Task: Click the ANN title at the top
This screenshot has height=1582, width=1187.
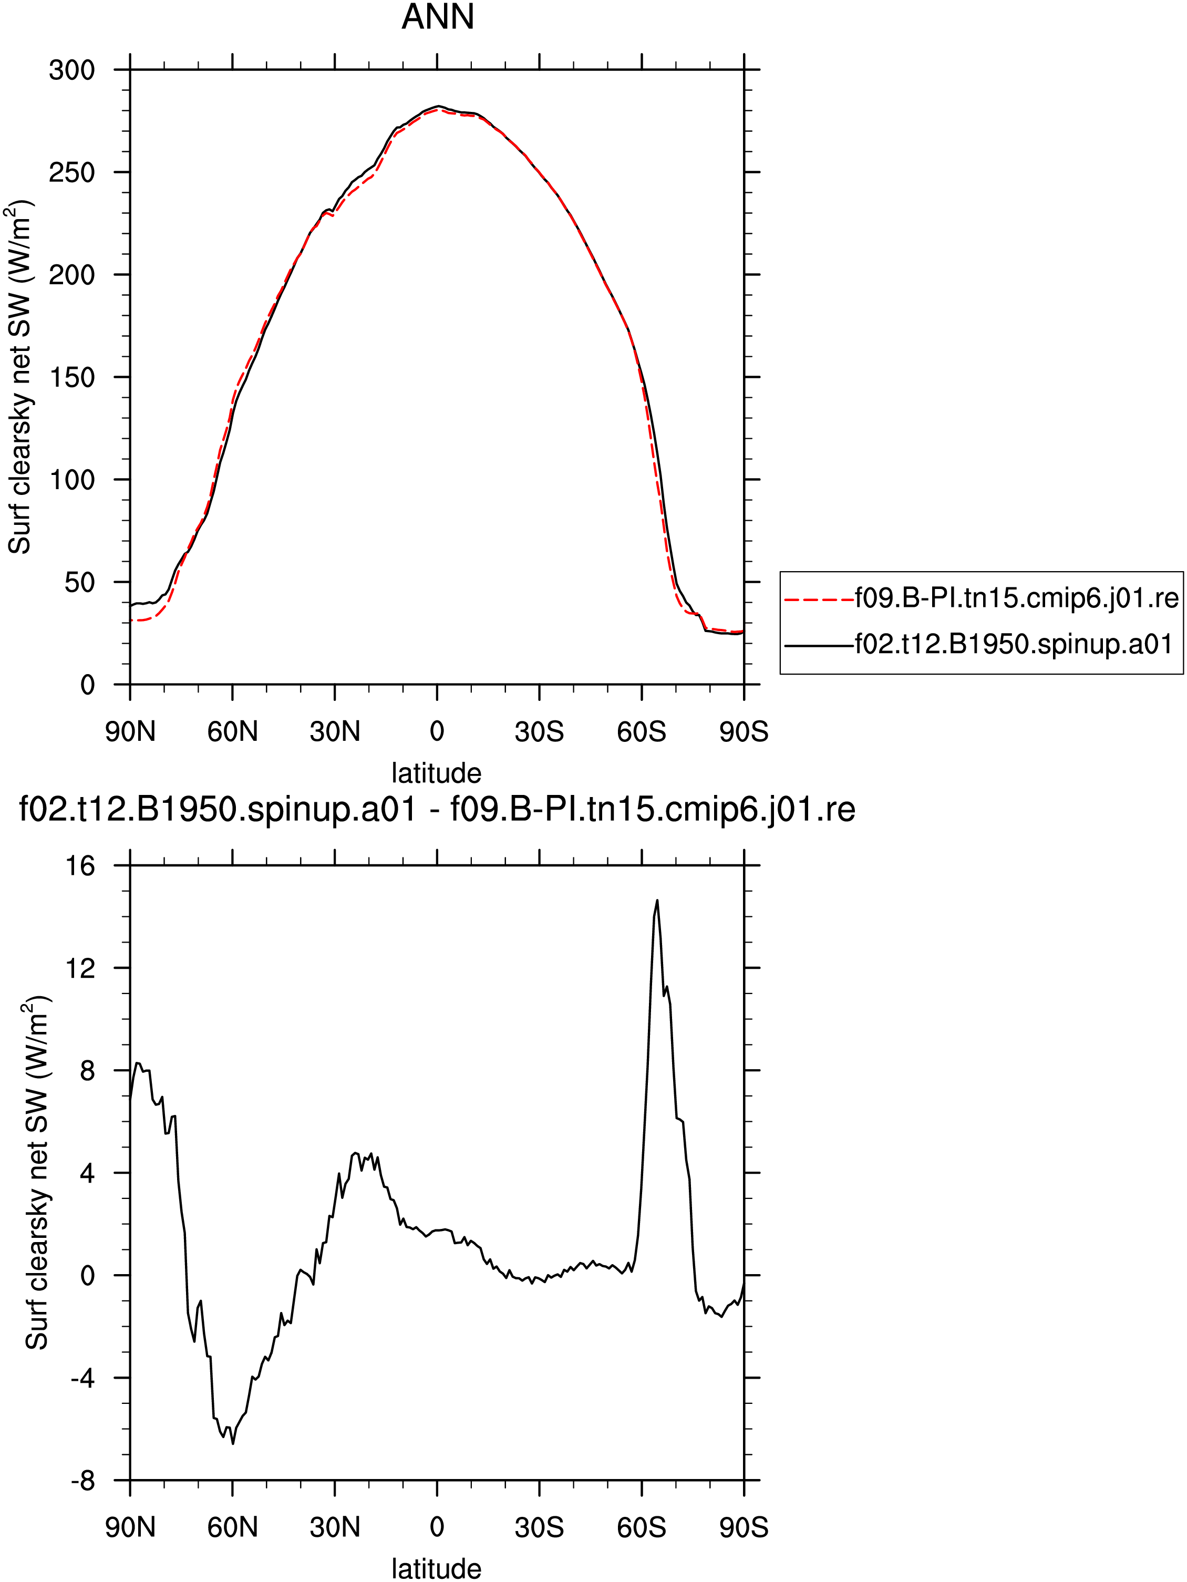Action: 438,16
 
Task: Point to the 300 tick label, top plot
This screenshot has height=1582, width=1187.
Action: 71,70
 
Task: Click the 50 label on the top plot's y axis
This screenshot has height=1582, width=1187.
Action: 79,582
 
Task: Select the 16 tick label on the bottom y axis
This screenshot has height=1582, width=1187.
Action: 80,866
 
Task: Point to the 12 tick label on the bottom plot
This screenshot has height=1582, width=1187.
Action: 80,968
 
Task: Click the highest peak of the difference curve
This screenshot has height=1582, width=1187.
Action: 657,901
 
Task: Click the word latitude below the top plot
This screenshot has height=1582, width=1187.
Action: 436,773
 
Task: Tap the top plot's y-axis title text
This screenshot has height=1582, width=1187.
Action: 20,377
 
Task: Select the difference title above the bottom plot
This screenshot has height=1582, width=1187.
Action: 437,810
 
